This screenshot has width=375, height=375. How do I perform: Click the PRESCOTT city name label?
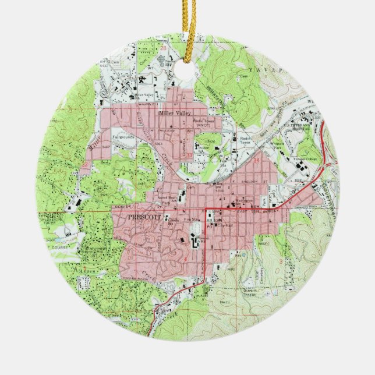[142, 215]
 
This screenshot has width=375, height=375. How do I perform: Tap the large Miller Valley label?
[177, 114]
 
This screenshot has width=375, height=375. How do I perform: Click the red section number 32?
[87, 165]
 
